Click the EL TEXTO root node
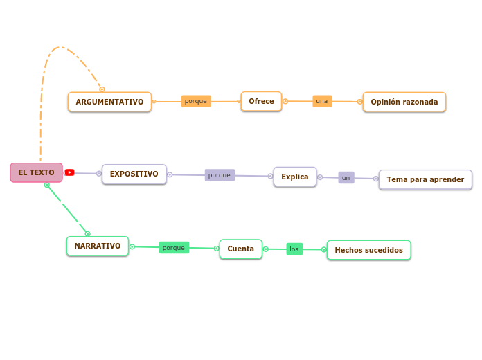pyautogui.click(x=36, y=172)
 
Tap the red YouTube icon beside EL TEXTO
pyautogui.click(x=70, y=172)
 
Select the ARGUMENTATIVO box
pyautogui.click(x=109, y=102)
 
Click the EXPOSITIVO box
pyautogui.click(x=134, y=174)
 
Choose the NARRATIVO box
pyautogui.click(x=97, y=246)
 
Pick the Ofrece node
pyautogui.click(x=261, y=101)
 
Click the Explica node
pyautogui.click(x=294, y=177)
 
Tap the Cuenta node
pyautogui.click(x=240, y=249)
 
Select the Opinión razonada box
pyautogui.click(x=404, y=102)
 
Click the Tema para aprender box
pyautogui.click(x=425, y=179)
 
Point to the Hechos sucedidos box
pyautogui.click(x=368, y=250)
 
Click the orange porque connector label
pyautogui.click(x=196, y=101)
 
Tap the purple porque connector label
pyautogui.click(x=220, y=175)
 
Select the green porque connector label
pyautogui.click(x=174, y=247)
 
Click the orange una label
pyautogui.click(x=322, y=101)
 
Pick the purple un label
pyautogui.click(x=346, y=178)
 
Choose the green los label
pyautogui.click(x=294, y=249)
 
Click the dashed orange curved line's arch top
pyautogui.click(x=60, y=47)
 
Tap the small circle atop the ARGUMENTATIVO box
pyautogui.click(x=102, y=89)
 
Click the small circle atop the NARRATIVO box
pyautogui.click(x=87, y=234)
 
